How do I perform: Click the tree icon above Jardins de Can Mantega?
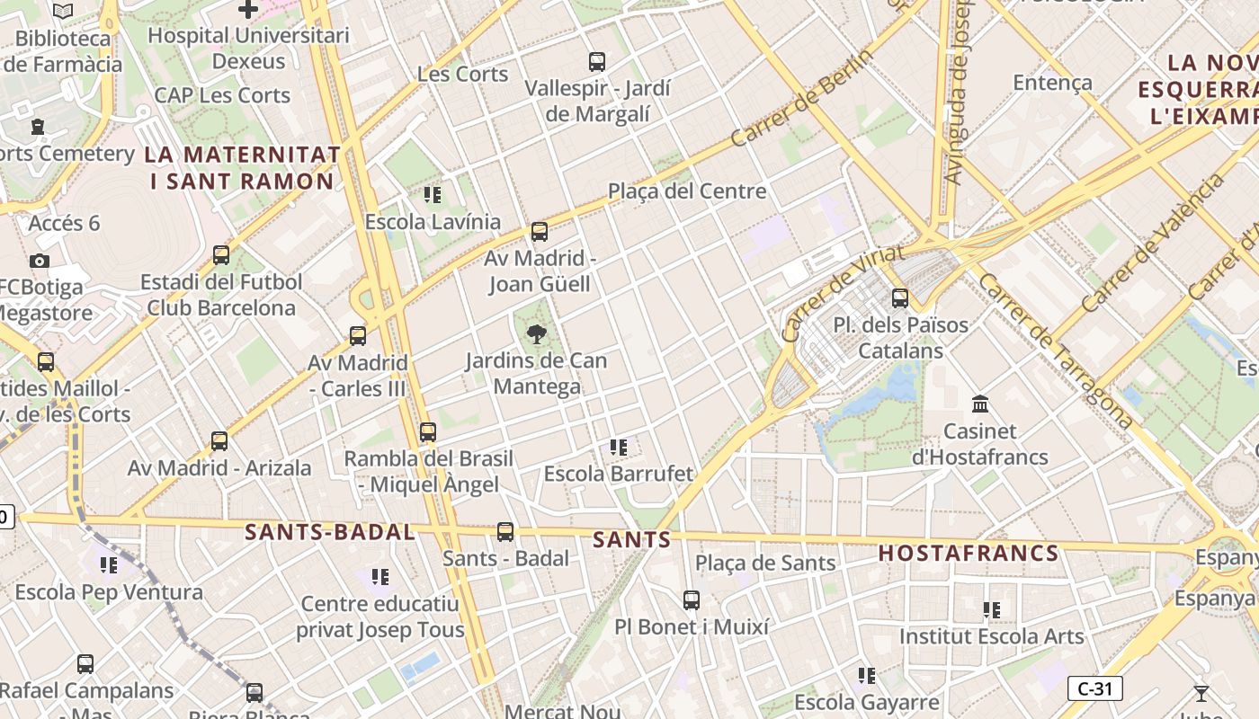(x=537, y=335)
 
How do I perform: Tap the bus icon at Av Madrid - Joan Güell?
(x=540, y=232)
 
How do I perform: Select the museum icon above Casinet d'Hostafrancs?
(x=980, y=404)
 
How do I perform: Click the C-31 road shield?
(x=1095, y=689)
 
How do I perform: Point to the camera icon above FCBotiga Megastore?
(x=39, y=261)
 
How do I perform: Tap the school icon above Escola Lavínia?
(x=432, y=194)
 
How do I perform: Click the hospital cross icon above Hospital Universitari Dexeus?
(x=248, y=10)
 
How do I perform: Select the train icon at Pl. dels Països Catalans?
(x=900, y=298)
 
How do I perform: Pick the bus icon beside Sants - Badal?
(x=505, y=532)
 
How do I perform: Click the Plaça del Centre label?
(x=687, y=191)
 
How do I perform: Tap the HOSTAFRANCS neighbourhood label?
(x=969, y=553)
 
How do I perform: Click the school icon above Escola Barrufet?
(x=618, y=447)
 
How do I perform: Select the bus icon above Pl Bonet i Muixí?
(x=691, y=599)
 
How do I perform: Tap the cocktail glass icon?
(x=1201, y=693)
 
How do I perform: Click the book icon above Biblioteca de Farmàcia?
(x=63, y=11)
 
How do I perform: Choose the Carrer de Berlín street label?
(x=801, y=98)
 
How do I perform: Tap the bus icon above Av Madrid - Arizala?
(x=219, y=441)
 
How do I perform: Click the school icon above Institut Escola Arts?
(x=992, y=610)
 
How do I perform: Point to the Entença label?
(x=1052, y=83)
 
